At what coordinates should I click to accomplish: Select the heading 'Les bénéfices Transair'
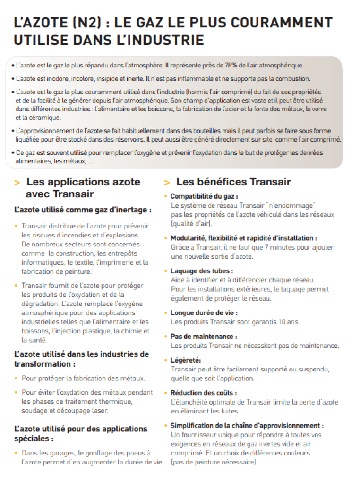tap(233, 182)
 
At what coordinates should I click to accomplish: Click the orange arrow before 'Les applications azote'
tap(17, 183)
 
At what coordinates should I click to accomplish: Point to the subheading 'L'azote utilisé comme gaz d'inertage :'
tap(83, 210)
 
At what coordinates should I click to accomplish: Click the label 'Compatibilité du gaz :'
tap(204, 196)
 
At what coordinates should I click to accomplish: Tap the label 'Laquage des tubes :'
tap(202, 271)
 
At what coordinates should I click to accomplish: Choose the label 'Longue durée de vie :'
tap(204, 312)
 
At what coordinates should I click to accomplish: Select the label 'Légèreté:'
tap(186, 360)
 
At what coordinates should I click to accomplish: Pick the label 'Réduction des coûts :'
tap(204, 393)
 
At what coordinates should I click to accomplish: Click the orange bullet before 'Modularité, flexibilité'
tap(165, 238)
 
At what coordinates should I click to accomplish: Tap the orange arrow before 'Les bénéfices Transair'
tap(167, 183)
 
